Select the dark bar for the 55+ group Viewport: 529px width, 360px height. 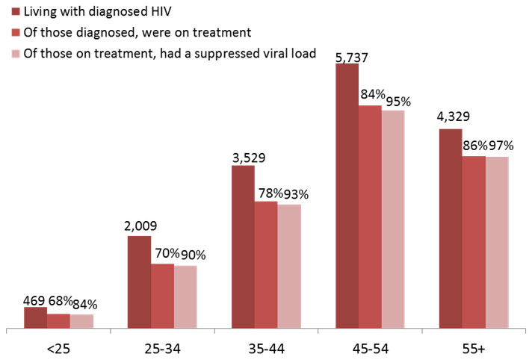coord(450,229)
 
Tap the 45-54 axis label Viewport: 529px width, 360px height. coord(369,347)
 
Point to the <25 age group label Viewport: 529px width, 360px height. coord(58,347)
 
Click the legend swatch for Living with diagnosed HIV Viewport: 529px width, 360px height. coord(15,13)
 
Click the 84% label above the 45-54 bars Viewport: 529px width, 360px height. coord(372,95)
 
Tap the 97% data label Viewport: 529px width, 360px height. coord(496,146)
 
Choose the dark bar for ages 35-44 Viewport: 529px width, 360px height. coord(243,246)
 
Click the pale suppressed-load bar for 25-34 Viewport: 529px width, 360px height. coord(185,297)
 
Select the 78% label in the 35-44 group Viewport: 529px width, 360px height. coord(268,193)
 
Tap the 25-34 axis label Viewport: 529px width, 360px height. coord(162,347)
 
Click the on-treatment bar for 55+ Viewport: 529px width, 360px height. coord(474,242)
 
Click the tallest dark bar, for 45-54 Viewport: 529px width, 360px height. coord(347,196)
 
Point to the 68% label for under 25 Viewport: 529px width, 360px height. coord(60,302)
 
